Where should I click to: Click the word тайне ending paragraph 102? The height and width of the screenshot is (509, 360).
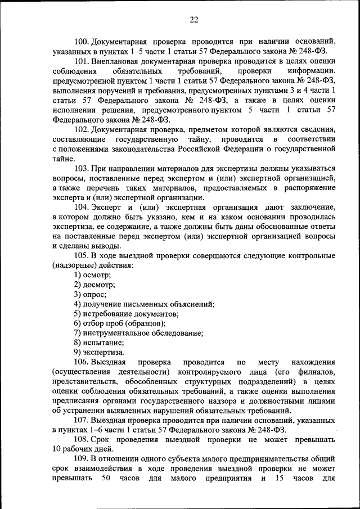(x=63, y=159)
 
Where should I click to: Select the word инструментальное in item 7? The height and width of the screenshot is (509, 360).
(x=118, y=333)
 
